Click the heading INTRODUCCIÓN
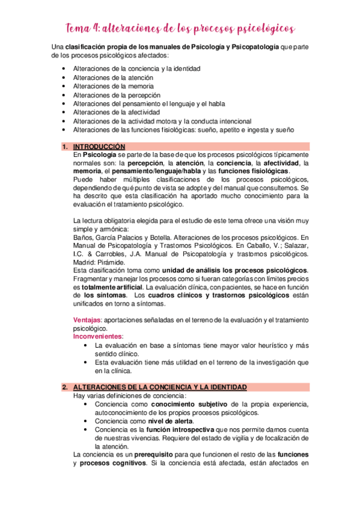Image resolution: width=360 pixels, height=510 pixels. tap(99, 147)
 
